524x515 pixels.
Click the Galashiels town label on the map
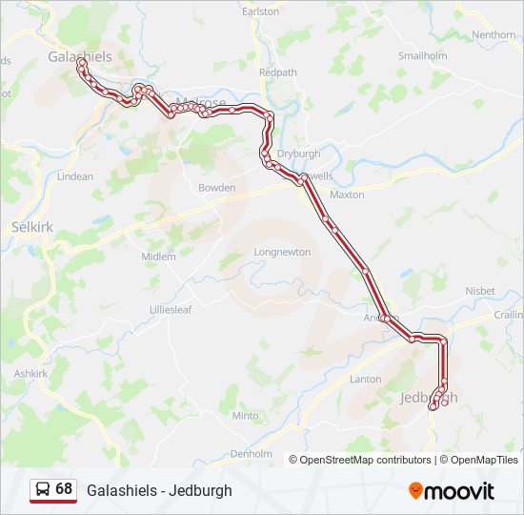(x=80, y=56)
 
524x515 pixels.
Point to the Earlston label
(x=261, y=11)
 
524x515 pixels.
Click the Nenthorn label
(x=494, y=35)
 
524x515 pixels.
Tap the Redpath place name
(x=277, y=72)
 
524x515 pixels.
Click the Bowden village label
(x=216, y=188)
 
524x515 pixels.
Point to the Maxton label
(x=347, y=195)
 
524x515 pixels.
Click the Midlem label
(x=158, y=257)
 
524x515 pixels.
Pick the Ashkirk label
(x=30, y=374)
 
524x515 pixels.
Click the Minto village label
(x=245, y=416)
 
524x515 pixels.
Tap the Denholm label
(x=252, y=454)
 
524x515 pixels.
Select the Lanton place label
(x=366, y=379)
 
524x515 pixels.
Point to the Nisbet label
(x=479, y=291)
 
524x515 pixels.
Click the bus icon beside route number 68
(x=43, y=489)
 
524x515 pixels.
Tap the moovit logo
(x=452, y=491)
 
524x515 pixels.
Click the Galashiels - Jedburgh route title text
(x=159, y=490)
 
